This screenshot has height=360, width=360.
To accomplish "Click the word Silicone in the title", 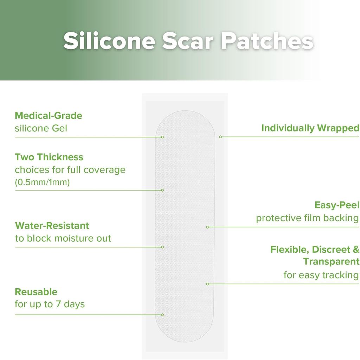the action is point(109,41).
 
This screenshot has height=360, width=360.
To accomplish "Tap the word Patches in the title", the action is point(267,41).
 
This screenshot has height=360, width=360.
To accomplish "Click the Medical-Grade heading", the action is point(49,115).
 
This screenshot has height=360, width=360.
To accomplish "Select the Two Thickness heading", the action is point(49,157).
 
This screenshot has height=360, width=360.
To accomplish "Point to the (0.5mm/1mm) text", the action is point(42,182).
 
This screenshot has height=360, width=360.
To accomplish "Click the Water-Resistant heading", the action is point(52,225).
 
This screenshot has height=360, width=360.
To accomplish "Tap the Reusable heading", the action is point(36,292).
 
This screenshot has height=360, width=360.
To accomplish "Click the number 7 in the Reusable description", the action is point(58,304).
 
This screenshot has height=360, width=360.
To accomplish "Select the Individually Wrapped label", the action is point(310,128).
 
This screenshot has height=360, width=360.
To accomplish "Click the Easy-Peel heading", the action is point(337,205).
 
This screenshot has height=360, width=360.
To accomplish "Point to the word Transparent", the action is point(331,262).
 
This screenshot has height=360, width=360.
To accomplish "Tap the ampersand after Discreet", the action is point(356,249).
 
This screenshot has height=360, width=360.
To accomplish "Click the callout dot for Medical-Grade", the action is point(162,137).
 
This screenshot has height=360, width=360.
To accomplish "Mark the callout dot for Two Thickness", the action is point(162,190).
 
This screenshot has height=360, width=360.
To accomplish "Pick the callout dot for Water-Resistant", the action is point(162,247).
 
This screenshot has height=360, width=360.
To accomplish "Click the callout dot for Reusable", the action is point(162,315).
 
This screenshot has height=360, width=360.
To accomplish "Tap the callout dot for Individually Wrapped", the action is point(220,137).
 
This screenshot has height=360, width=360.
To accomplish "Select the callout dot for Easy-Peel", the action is point(207,227).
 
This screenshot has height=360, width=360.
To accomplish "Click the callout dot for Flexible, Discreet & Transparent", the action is point(207,284).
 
